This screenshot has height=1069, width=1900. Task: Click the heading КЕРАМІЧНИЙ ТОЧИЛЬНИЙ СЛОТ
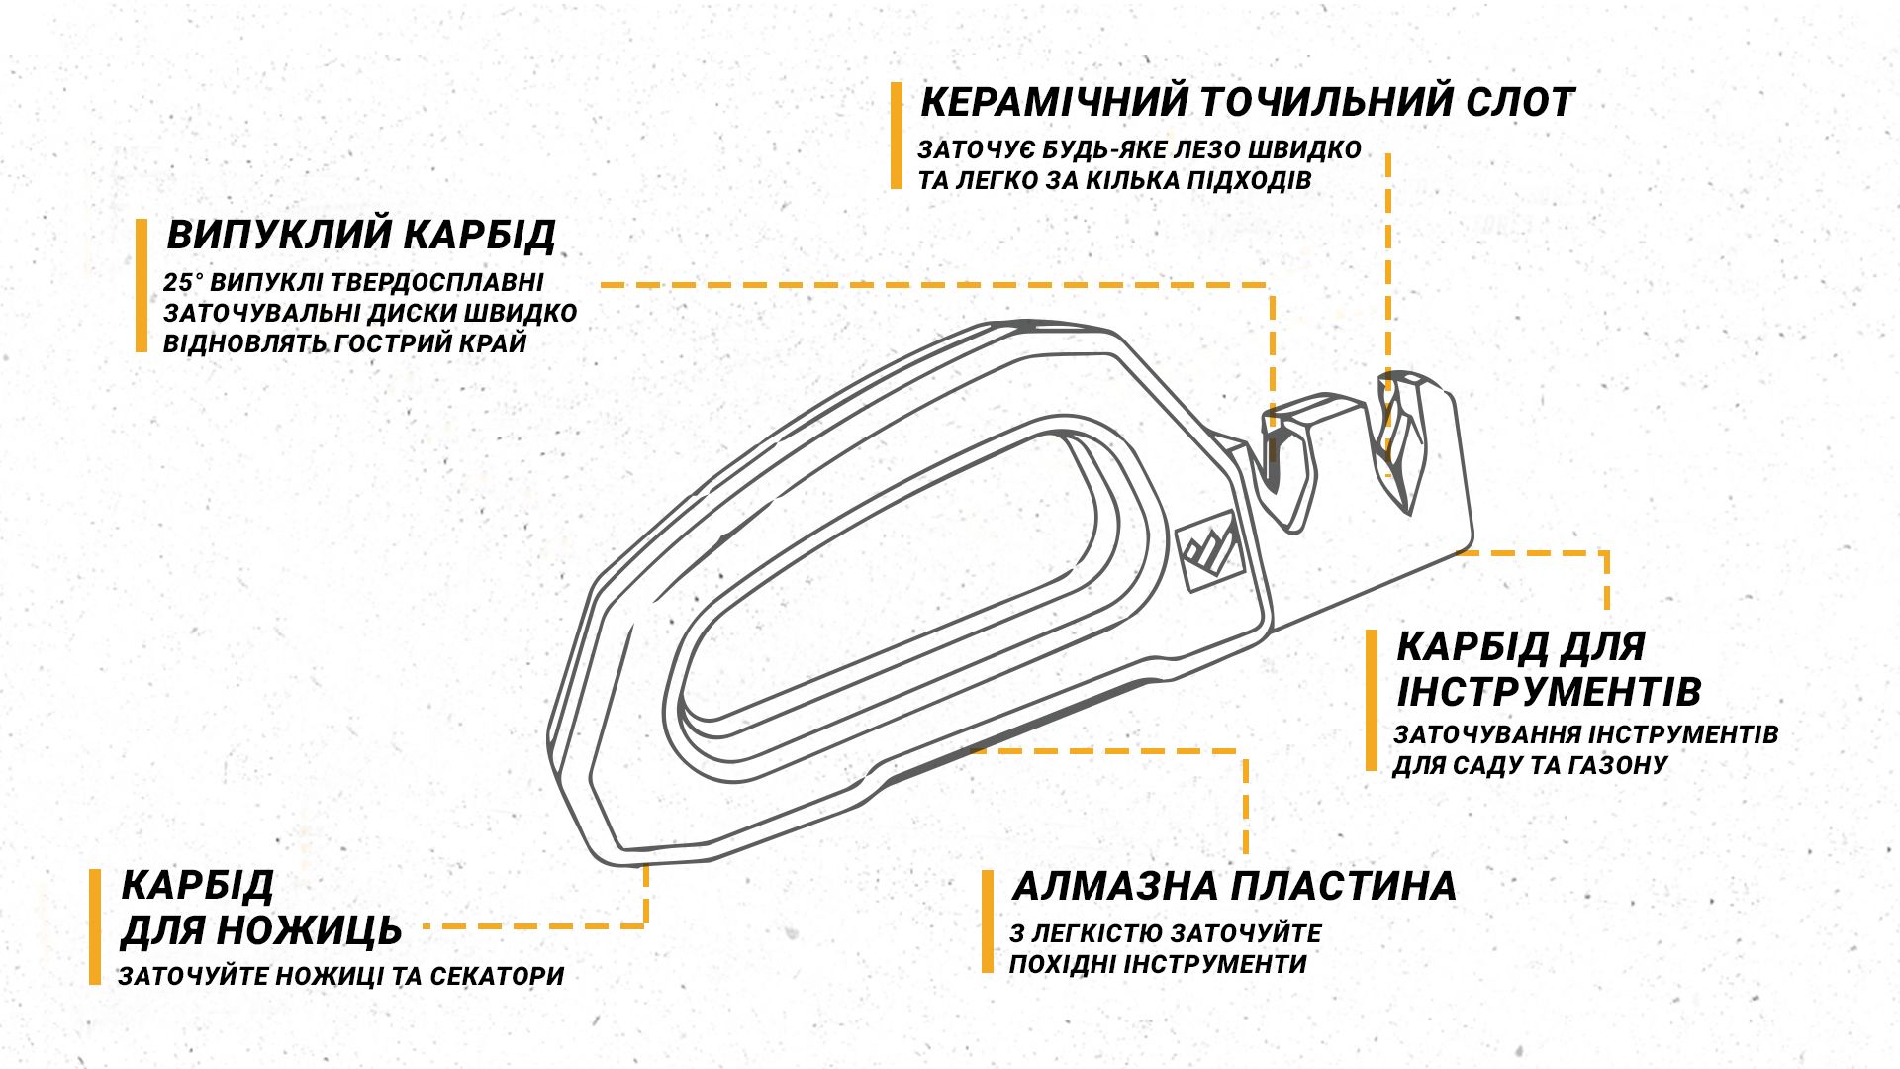click(x=1247, y=102)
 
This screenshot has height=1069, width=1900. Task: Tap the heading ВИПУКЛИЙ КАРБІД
click(x=361, y=236)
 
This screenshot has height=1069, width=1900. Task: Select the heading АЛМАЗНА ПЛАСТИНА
click(x=1234, y=886)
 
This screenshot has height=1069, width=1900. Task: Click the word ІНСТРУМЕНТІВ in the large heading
click(x=1549, y=692)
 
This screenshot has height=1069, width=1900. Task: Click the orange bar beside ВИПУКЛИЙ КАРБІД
click(x=142, y=285)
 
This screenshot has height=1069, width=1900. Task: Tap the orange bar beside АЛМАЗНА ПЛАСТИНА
click(x=988, y=922)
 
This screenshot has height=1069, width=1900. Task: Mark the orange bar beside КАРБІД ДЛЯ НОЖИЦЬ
click(x=95, y=926)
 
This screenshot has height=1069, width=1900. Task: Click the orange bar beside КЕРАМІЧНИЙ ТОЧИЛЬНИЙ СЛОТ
click(x=897, y=136)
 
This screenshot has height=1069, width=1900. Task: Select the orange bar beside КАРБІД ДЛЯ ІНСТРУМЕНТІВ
click(x=1372, y=700)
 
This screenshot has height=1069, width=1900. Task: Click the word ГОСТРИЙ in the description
click(x=396, y=343)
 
